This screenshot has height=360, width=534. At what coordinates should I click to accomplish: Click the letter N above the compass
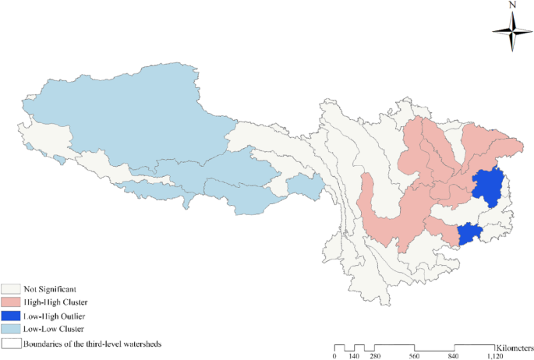point(512,5)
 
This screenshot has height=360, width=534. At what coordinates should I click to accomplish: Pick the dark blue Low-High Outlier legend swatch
point(11,316)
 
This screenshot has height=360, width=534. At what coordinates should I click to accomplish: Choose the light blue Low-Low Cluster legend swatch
point(11,329)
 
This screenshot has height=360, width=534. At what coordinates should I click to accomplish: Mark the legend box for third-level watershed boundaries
point(11,342)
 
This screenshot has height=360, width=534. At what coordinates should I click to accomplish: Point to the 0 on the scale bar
point(334,356)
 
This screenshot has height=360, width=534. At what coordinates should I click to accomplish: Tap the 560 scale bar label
point(414,356)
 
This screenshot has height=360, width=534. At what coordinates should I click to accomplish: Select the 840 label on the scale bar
point(454,356)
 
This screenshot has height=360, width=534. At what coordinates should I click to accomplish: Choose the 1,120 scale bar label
point(494,356)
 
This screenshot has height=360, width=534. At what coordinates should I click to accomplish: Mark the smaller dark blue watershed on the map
point(469,233)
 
